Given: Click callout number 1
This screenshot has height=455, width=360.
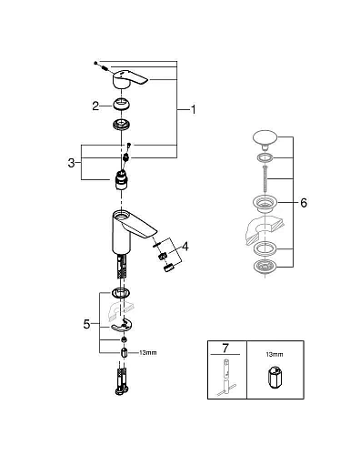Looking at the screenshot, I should (193, 110).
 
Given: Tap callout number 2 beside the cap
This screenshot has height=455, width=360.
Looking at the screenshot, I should (94, 106).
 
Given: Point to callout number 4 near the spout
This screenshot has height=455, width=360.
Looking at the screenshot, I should (185, 246).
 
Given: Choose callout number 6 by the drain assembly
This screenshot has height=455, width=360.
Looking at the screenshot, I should (303, 204).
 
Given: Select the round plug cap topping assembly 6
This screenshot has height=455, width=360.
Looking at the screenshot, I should (265, 139).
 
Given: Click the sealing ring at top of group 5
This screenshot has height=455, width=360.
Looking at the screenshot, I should (120, 293).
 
